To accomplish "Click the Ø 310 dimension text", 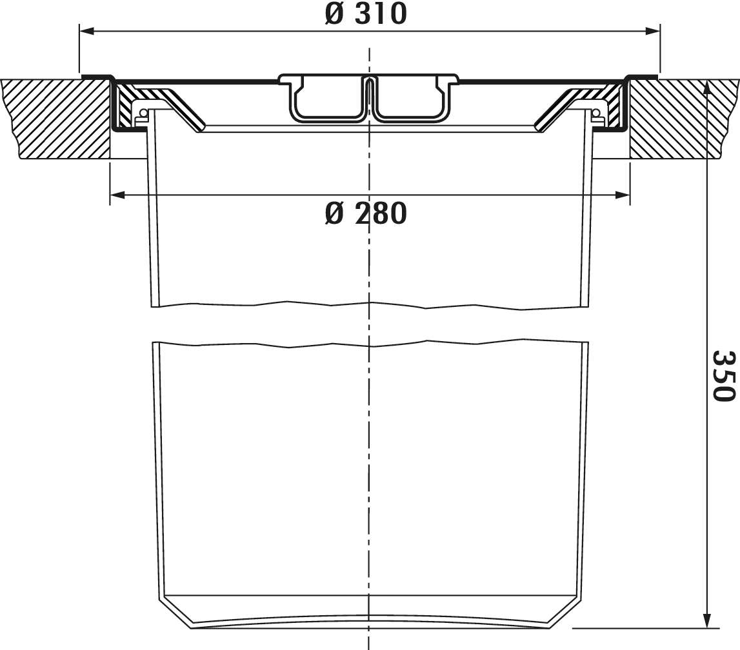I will tap(366, 14).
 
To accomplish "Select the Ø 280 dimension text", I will tap(366, 213).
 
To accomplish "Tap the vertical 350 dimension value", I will tap(724, 375).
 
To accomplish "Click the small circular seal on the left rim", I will tap(143, 113).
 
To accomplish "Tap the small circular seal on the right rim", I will tap(597, 113).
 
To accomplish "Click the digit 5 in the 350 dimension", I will tap(724, 375).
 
